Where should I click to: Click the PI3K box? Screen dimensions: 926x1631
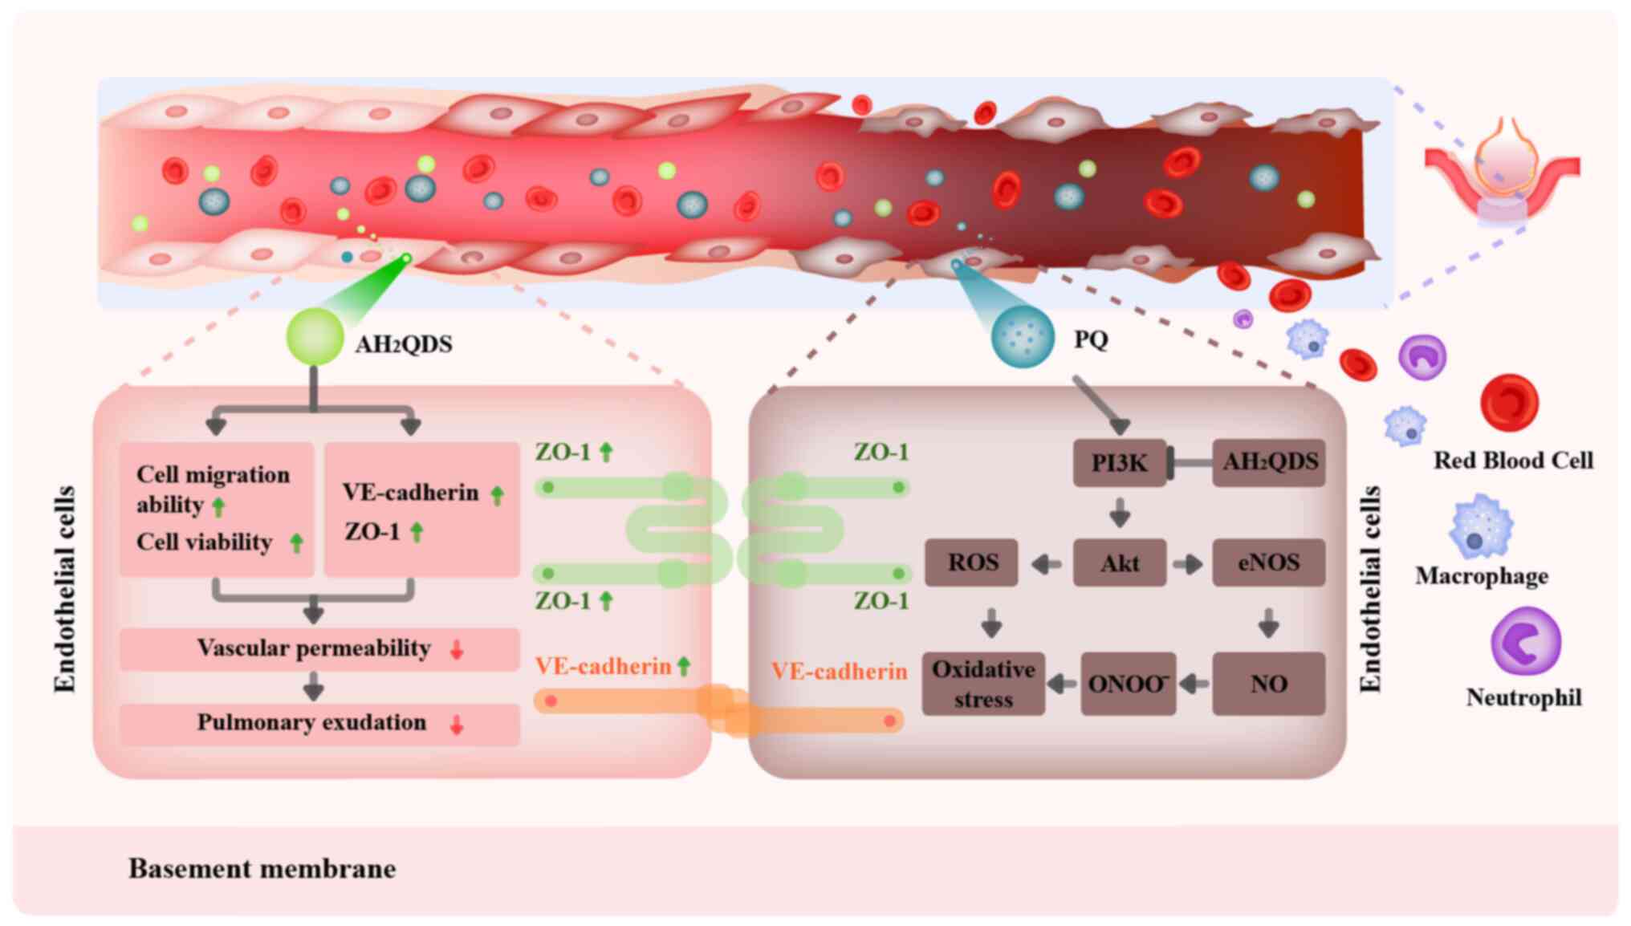point(1119,463)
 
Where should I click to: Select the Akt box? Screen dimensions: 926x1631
point(1119,563)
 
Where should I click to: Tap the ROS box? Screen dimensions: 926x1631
point(972,563)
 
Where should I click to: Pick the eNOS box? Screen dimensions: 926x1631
point(1268,563)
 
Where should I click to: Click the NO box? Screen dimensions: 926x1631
point(1268,684)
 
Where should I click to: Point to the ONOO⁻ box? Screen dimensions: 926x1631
point(1128,684)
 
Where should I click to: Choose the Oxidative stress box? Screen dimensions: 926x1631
point(983,684)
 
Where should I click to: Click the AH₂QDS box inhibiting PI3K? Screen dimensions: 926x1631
point(1269,462)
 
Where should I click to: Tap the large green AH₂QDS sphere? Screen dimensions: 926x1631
point(315,336)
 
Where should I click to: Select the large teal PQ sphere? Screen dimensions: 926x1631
point(1023,337)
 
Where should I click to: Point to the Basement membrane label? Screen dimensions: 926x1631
point(262,868)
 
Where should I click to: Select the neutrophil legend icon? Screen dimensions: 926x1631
point(1525,641)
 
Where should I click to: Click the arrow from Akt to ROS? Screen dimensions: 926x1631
point(1045,564)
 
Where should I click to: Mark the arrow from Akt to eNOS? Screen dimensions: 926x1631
point(1188,564)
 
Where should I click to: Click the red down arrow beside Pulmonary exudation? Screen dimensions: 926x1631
point(456,725)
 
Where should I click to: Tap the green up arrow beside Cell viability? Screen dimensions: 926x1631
point(296,543)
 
